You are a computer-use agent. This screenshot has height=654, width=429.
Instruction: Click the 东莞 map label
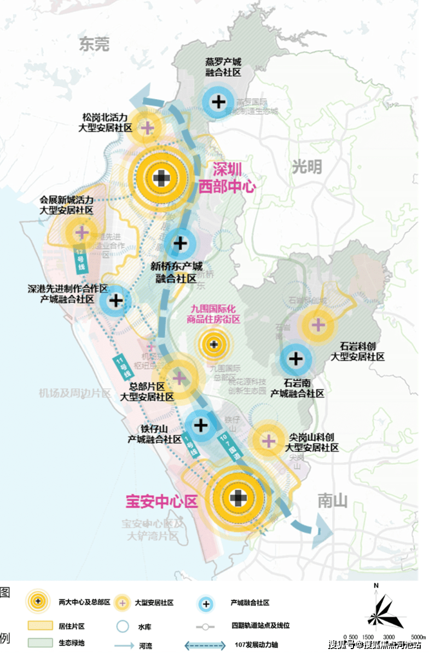click(94, 44)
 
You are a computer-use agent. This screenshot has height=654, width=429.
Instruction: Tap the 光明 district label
click(307, 167)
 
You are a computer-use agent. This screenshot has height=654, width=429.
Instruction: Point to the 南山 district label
click(333, 501)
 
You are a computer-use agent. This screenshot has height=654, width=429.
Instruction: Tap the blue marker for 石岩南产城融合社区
click(295, 359)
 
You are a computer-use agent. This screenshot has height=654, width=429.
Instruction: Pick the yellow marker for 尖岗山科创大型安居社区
click(268, 440)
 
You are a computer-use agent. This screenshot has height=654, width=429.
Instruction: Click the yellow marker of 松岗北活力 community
click(147, 128)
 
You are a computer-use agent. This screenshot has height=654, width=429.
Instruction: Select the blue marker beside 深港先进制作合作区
click(115, 300)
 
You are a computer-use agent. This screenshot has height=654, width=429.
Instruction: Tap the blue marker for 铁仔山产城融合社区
click(201, 424)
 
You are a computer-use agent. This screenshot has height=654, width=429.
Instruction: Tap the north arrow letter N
click(376, 586)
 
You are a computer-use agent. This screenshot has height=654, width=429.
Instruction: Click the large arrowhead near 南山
click(323, 530)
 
